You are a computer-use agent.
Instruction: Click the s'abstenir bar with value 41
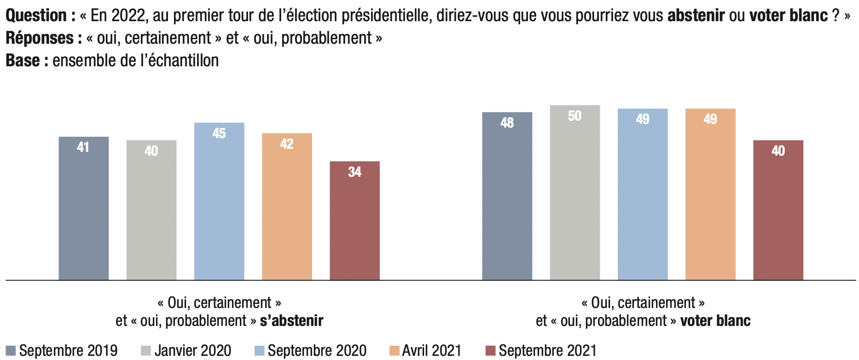(x=84, y=208)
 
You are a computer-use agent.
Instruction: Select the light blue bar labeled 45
(x=219, y=201)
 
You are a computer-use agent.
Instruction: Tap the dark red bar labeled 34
(x=355, y=221)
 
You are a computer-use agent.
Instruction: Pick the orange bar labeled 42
(x=287, y=207)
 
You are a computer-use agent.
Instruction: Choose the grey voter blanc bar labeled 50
(x=575, y=192)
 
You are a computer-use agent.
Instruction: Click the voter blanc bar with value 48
(x=507, y=196)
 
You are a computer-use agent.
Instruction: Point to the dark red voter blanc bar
(x=778, y=210)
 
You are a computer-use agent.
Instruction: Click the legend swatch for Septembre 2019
(x=11, y=351)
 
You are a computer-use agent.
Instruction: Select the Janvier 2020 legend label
(x=193, y=351)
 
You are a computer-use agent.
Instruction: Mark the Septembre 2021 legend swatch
(x=491, y=351)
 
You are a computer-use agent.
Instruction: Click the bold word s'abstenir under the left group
(x=292, y=320)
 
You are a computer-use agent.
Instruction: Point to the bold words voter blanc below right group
(x=715, y=320)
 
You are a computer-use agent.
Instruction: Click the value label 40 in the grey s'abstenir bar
(x=151, y=151)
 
